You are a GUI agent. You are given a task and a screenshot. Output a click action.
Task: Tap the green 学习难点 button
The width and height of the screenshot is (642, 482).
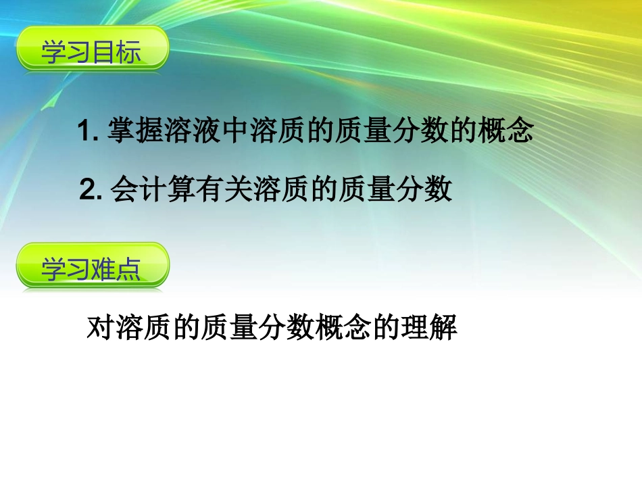92,268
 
